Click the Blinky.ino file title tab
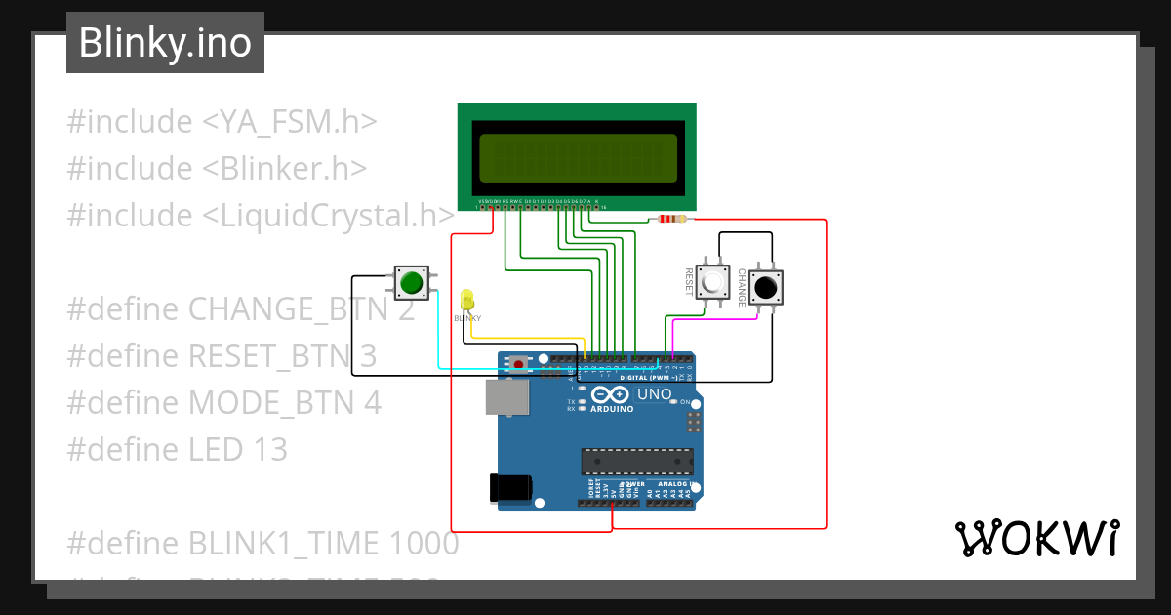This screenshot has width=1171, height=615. (165, 43)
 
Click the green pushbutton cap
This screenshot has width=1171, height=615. (411, 283)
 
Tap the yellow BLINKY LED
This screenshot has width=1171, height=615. (466, 298)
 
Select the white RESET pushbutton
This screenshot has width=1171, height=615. (715, 284)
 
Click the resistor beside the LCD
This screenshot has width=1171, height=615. (672, 219)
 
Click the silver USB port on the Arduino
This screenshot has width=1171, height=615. (507, 396)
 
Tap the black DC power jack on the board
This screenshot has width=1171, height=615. (510, 487)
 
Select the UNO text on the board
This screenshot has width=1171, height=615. (655, 394)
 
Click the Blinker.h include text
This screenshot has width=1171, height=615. (285, 168)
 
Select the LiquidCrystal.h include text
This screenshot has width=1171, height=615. (329, 215)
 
